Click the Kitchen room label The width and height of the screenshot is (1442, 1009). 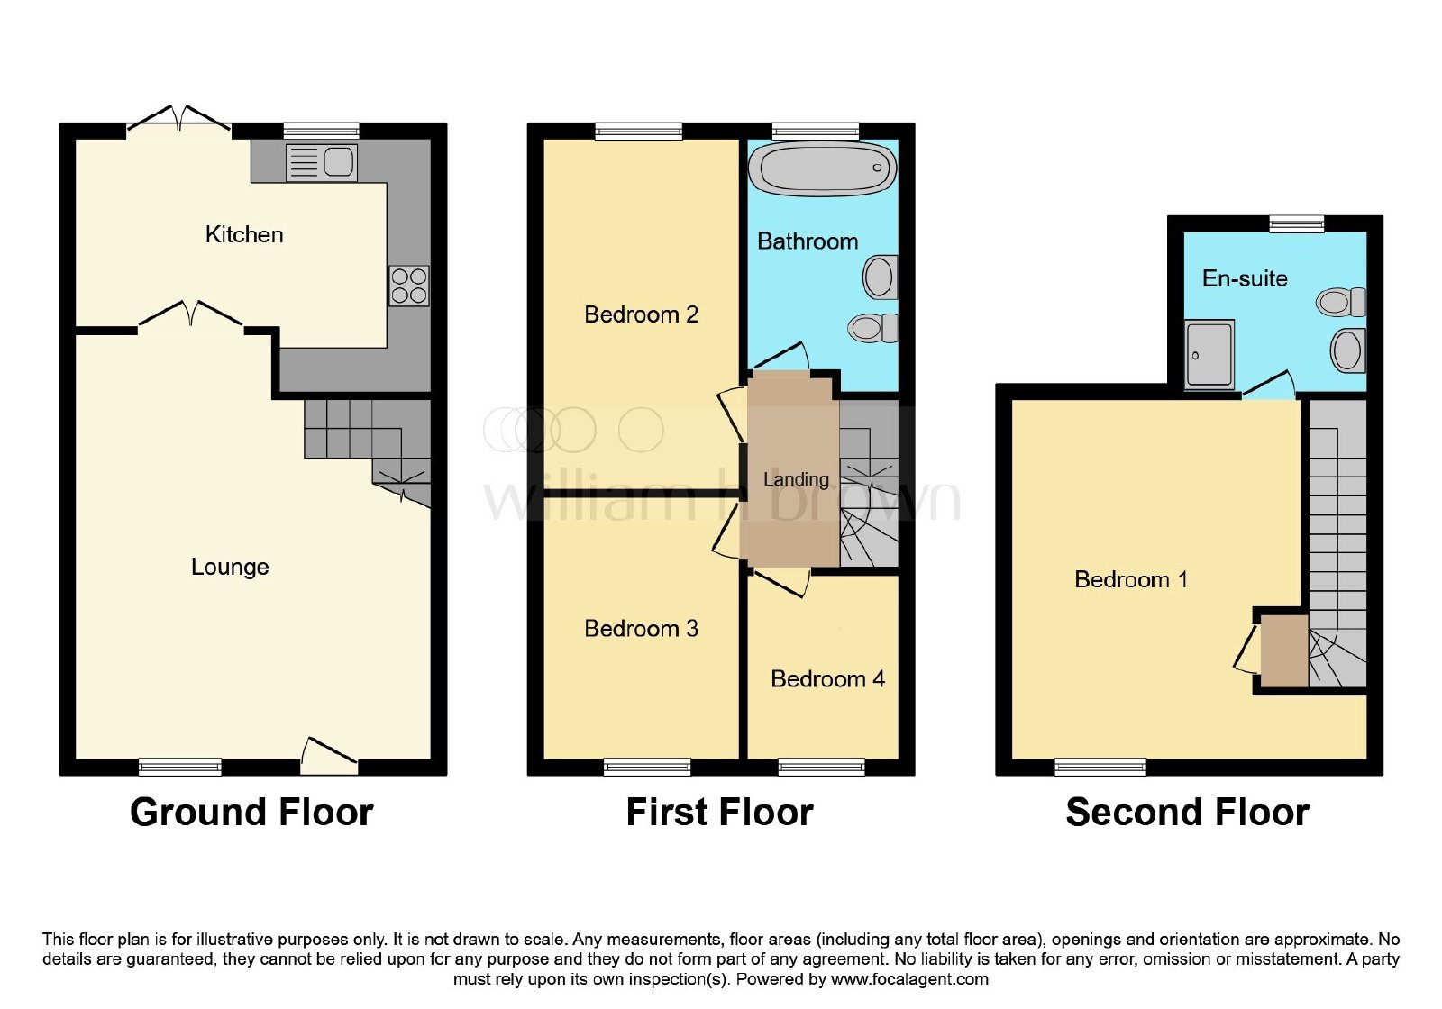[244, 234]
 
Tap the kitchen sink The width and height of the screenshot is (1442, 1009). [321, 162]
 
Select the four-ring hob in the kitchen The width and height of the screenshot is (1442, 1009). [409, 286]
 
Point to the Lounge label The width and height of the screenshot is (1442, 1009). [230, 567]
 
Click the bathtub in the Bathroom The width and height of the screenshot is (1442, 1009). [822, 168]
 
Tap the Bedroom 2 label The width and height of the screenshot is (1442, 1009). [641, 314]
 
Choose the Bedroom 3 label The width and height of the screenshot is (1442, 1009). [641, 629]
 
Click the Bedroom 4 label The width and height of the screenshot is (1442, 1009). [828, 679]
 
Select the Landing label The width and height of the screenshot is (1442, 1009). [796, 479]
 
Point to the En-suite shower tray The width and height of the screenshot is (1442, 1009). [1209, 354]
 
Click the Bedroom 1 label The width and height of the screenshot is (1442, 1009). [1131, 580]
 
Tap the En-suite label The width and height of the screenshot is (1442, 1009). [1245, 278]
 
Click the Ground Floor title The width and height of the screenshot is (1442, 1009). [251, 812]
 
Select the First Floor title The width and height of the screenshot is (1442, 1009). [720, 812]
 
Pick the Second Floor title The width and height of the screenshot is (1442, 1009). [1188, 812]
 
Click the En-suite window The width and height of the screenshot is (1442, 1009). [1297, 224]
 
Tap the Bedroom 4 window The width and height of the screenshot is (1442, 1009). [821, 767]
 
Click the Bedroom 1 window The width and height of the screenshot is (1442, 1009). [1100, 767]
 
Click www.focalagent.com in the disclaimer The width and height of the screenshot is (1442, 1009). [909, 979]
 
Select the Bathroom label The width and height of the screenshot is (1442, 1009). [808, 241]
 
